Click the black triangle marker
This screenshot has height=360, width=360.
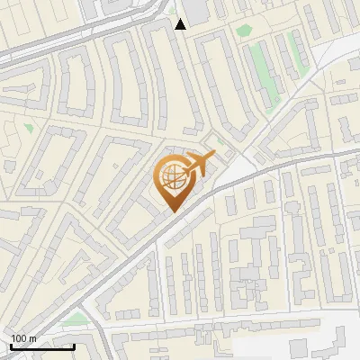(x=181, y=24)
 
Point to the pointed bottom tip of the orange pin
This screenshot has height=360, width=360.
(x=173, y=211)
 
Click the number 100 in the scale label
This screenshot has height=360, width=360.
(x=17, y=337)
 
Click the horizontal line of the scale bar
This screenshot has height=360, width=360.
(x=42, y=346)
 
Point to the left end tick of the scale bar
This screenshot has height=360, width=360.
(x=11, y=345)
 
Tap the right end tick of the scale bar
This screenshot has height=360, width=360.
(x=74, y=345)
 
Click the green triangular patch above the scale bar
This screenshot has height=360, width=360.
(x=77, y=319)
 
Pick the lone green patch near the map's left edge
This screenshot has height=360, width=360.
(x=29, y=129)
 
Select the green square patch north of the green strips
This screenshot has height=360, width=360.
(x=241, y=31)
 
